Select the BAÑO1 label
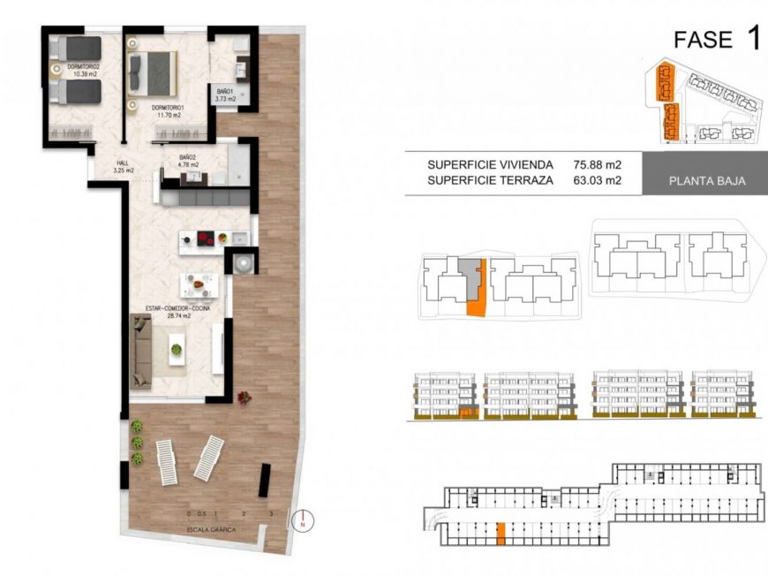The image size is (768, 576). tap(225, 95)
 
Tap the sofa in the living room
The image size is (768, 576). tap(142, 352)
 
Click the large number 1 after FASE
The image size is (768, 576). tap(752, 39)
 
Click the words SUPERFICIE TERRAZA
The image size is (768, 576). tap(490, 180)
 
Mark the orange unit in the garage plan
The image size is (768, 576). tap(501, 531)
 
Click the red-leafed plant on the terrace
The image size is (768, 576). tap(245, 398)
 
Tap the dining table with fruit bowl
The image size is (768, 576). tap(199, 284)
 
